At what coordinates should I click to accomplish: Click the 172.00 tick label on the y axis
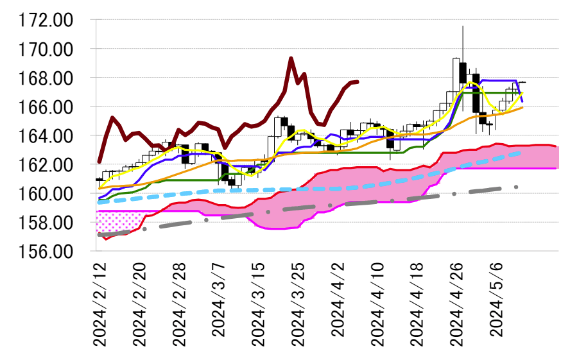coord(46,21)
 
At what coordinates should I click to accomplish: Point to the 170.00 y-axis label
coord(46,49)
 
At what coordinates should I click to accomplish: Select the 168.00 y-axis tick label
coord(46,78)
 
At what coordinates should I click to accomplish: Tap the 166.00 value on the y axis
coord(46,107)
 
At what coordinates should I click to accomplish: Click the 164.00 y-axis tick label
coord(46,136)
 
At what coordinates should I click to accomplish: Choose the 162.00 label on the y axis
coord(46,165)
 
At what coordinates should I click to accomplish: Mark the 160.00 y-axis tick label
coord(46,194)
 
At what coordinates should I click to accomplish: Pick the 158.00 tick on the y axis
coord(46,223)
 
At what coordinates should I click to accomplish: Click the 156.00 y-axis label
coord(46,252)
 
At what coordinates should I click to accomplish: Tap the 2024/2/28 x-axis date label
coord(180,305)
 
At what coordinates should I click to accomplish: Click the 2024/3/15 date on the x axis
coord(260,305)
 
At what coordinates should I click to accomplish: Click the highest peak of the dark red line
coord(291,58)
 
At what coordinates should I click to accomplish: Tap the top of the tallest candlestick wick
coord(463,26)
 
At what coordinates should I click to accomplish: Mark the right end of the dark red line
coord(358,81)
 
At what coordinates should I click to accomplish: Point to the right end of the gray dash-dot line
coord(516,187)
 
